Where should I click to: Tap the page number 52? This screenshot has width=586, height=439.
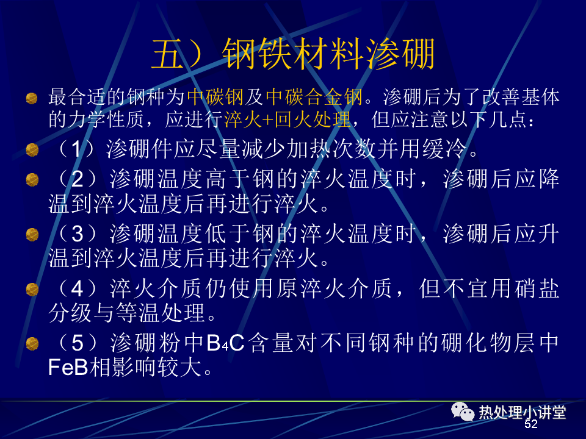(x=530, y=424)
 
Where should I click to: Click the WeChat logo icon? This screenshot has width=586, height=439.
(x=462, y=412)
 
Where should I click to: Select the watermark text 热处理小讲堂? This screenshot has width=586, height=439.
(x=523, y=412)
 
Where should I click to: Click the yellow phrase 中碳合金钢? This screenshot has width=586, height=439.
(x=314, y=97)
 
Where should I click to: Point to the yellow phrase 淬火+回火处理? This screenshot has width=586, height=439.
(x=287, y=120)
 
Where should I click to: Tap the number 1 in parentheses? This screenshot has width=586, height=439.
(x=76, y=149)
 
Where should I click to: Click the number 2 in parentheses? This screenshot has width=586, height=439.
(x=77, y=179)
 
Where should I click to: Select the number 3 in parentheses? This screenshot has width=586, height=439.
(x=77, y=234)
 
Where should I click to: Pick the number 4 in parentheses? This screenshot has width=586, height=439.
(x=77, y=288)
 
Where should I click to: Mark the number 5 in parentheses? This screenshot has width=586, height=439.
(x=77, y=343)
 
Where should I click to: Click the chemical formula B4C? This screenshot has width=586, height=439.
(x=225, y=343)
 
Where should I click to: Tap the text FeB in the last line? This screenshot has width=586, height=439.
(x=68, y=367)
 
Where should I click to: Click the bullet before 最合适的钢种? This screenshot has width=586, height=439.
(x=32, y=99)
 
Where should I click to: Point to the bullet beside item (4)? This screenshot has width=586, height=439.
(x=32, y=289)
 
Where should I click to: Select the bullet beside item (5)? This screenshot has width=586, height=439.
(x=32, y=343)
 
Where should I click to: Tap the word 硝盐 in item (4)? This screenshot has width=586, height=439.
(x=537, y=288)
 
